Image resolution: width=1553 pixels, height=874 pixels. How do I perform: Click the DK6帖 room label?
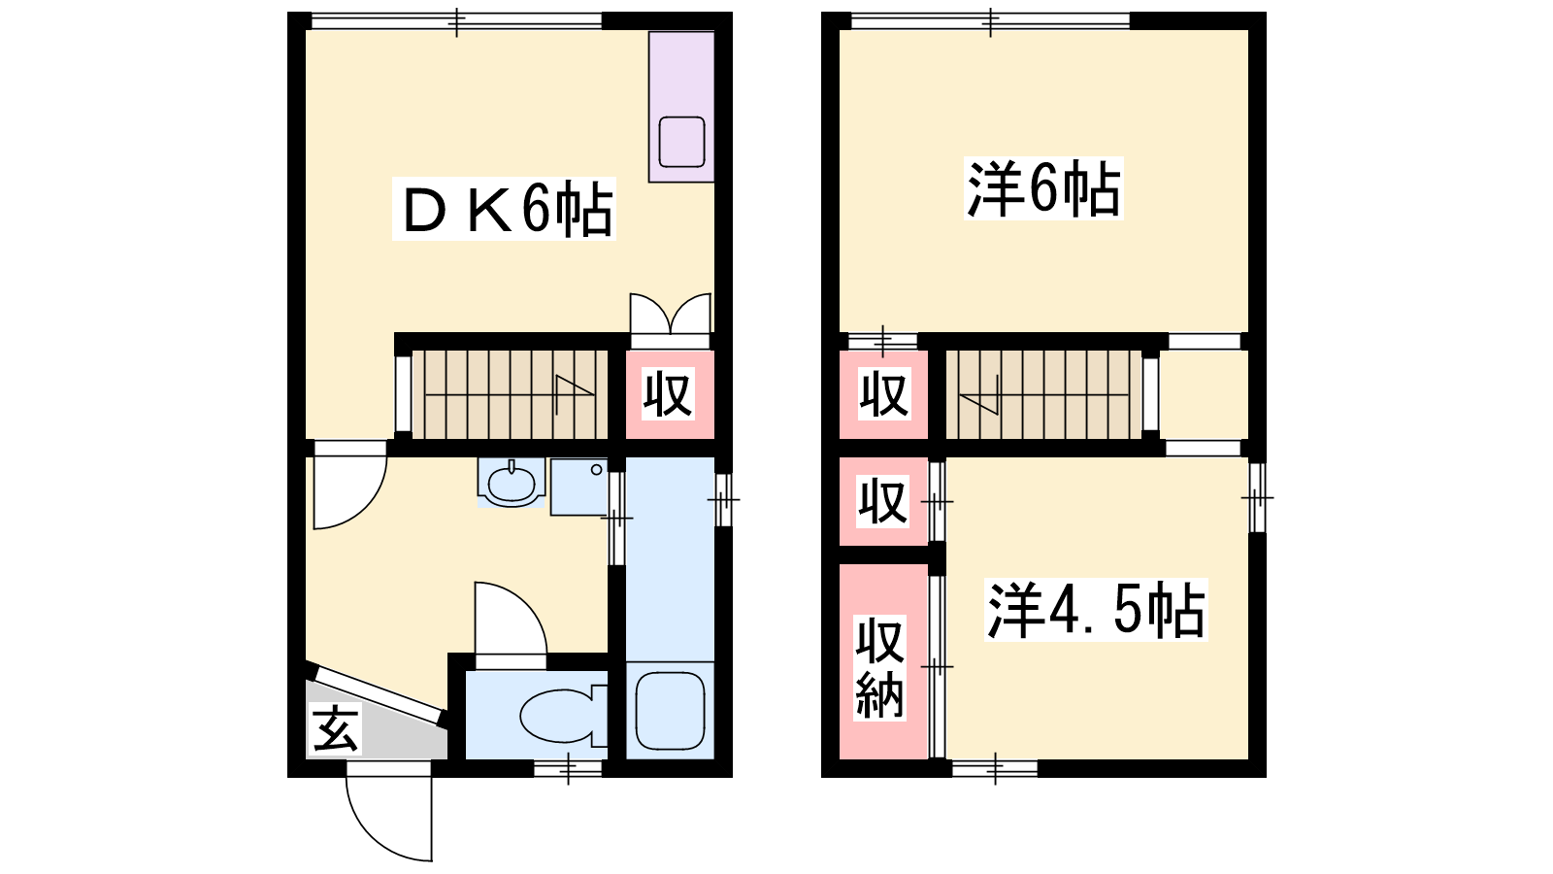pos(504,209)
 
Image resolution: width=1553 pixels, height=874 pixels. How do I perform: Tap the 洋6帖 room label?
pos(1043,188)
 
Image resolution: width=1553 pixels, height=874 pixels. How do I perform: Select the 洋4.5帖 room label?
pos(1096,610)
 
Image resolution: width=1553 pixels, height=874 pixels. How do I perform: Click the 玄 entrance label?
pos(336,728)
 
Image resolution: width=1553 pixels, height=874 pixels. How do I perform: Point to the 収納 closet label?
pos(879,667)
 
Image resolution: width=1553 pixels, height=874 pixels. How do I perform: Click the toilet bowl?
pos(563,716)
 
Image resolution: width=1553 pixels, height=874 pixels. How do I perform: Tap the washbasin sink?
pos(512,482)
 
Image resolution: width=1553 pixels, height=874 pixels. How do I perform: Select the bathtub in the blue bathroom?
pos(670,711)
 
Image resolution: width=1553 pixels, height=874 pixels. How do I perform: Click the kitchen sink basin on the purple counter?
pos(681,142)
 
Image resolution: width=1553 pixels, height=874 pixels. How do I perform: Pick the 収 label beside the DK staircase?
pos(668,394)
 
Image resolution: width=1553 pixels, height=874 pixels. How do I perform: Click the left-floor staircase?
pos(511,394)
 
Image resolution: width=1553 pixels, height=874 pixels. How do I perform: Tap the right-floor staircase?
pos(1044,394)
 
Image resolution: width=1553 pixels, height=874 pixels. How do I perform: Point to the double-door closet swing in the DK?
pos(671,314)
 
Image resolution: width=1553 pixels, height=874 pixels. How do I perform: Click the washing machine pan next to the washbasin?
pos(578,487)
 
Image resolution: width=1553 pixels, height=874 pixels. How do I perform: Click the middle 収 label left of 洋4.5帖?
pos(882,501)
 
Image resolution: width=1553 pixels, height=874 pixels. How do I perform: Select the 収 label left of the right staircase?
pos(884,394)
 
